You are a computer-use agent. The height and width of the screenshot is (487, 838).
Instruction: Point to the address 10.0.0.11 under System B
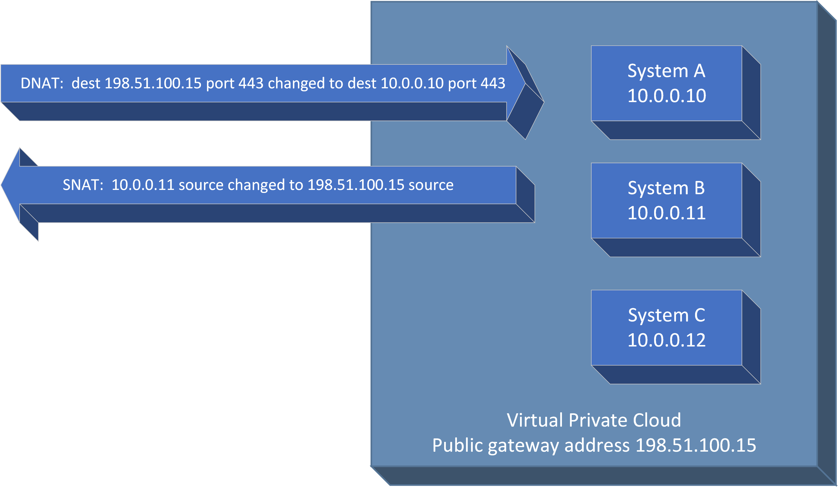666,213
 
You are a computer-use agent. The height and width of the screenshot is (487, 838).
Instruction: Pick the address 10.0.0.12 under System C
666,340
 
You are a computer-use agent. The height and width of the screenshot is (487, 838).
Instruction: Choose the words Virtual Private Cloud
594,420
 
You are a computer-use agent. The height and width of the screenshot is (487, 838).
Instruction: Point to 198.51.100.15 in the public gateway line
696,445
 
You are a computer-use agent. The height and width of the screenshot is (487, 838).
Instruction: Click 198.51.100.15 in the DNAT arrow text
153,83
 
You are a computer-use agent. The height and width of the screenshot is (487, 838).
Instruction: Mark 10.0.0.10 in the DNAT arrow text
412,83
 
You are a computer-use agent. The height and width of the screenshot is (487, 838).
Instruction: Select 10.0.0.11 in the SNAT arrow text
143,185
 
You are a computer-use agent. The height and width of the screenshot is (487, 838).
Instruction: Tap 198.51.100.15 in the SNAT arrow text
356,185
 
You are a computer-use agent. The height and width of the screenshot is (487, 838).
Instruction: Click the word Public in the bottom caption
457,445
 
